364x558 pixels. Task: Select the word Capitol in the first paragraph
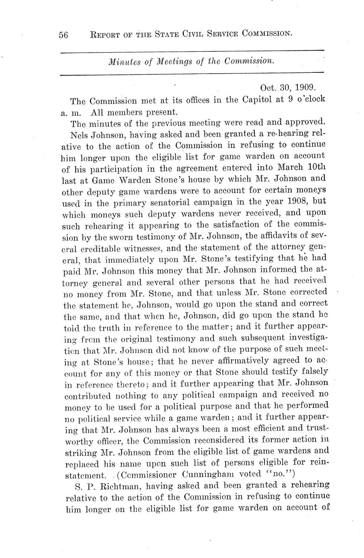256,99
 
